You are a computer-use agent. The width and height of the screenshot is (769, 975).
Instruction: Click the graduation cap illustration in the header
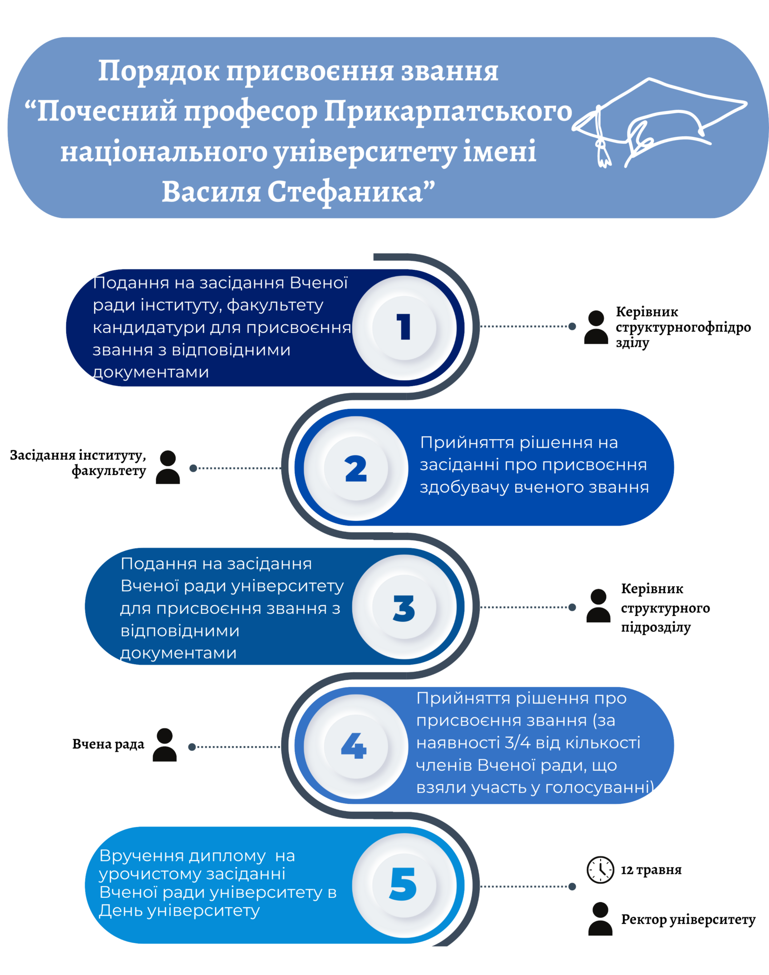(659, 121)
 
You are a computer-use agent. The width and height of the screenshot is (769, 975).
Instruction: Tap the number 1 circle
(404, 328)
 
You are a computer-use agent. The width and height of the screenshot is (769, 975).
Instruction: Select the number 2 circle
(356, 468)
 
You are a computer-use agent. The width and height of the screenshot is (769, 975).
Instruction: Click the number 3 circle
(404, 607)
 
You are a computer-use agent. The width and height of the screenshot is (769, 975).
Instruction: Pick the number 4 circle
(356, 746)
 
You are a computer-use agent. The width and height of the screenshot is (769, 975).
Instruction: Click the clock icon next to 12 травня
(600, 869)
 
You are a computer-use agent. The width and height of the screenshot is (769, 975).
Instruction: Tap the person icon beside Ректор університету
(600, 918)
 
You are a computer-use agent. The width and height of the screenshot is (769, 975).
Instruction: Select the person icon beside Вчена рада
(165, 745)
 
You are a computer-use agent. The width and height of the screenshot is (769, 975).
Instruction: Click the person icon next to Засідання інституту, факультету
(168, 467)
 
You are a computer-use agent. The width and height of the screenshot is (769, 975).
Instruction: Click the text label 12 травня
(651, 870)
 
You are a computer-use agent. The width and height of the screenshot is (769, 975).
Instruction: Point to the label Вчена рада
(108, 744)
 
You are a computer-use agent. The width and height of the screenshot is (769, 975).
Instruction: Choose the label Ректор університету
(688, 919)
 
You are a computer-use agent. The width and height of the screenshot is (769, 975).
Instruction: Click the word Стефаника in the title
(345, 192)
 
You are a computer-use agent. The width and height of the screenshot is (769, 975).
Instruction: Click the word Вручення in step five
(142, 856)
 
